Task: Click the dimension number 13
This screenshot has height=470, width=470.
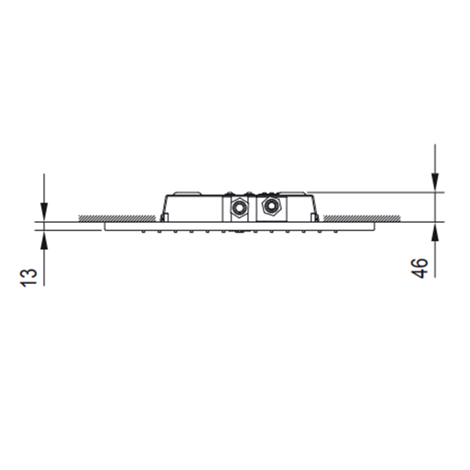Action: (x=28, y=277)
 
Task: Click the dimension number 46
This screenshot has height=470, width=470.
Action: (x=419, y=268)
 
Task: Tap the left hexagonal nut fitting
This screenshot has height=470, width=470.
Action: (x=239, y=207)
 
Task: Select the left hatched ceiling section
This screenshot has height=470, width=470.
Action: (x=117, y=218)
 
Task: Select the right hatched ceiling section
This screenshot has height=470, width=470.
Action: (x=361, y=218)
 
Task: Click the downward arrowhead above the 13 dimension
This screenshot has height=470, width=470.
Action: (x=44, y=212)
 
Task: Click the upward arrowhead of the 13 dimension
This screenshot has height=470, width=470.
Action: (x=44, y=240)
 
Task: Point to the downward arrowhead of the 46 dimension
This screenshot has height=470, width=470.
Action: (x=434, y=182)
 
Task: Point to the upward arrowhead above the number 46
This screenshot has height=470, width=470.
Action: (x=434, y=232)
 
